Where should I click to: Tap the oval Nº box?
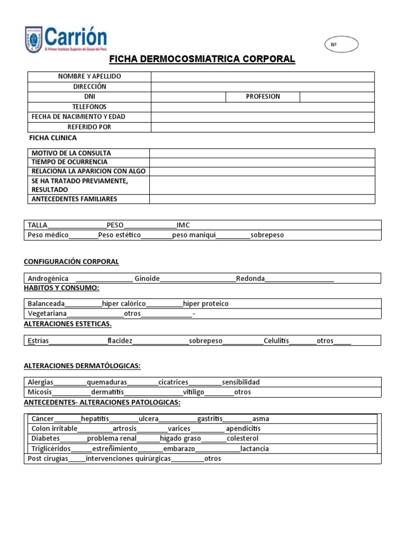click(x=341, y=45)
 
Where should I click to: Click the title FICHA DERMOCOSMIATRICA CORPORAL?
click(x=202, y=59)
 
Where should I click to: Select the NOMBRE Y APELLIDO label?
click(x=89, y=76)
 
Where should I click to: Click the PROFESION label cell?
click(x=263, y=97)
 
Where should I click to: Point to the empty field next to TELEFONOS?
click(x=262, y=107)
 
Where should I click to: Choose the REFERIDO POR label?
click(x=89, y=127)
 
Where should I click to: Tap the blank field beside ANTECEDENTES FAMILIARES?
click(x=262, y=199)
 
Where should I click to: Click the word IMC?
click(x=183, y=225)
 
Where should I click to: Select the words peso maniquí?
click(x=194, y=235)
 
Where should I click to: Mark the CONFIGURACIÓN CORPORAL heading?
click(x=72, y=262)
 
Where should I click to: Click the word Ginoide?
click(x=147, y=278)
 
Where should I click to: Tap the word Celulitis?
click(x=276, y=341)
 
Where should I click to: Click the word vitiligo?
click(x=194, y=392)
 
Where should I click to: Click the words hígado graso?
click(x=180, y=438)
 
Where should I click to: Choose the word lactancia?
click(x=254, y=449)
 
